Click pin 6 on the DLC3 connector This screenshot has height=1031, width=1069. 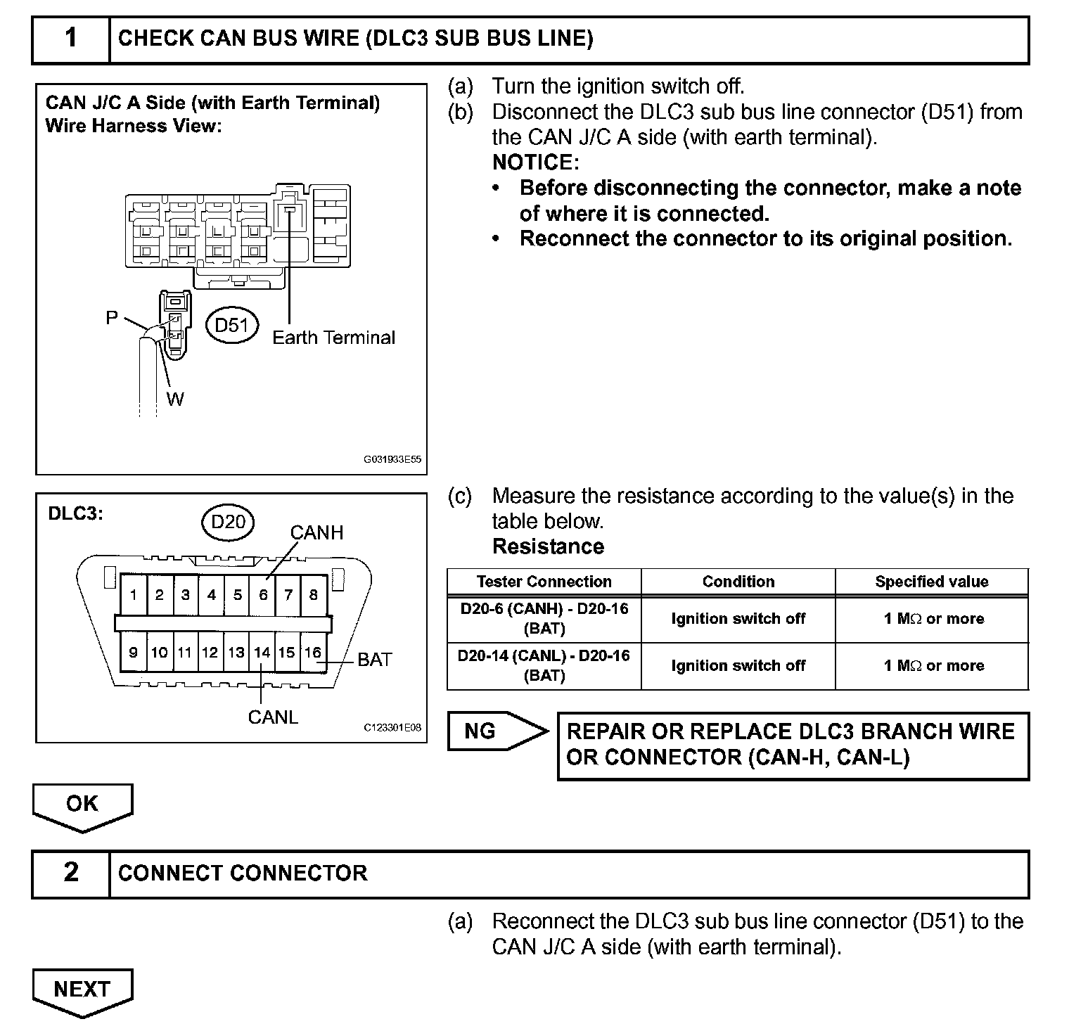(x=263, y=595)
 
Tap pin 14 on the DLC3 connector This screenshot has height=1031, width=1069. (x=262, y=653)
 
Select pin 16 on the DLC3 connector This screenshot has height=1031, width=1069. (x=312, y=653)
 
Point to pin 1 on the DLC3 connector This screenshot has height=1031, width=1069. (x=133, y=595)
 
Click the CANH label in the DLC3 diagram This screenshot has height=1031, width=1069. (x=316, y=533)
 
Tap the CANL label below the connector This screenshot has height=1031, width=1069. (x=273, y=717)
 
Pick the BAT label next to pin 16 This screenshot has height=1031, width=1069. (x=374, y=660)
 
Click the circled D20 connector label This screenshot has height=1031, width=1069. (x=228, y=521)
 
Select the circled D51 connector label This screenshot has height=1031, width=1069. (x=232, y=325)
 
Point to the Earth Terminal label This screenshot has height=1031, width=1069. (x=333, y=338)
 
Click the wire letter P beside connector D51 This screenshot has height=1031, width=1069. (x=112, y=318)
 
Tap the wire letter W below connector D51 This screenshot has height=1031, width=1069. (x=175, y=399)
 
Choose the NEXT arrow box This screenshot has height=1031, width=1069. (x=82, y=990)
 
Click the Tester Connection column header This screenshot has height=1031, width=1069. (x=544, y=582)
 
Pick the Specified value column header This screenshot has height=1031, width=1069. (x=931, y=582)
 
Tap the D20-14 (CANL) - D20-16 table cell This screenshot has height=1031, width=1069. (x=544, y=665)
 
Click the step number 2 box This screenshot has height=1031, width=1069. (x=71, y=873)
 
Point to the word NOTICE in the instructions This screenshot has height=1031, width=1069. (x=535, y=162)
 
